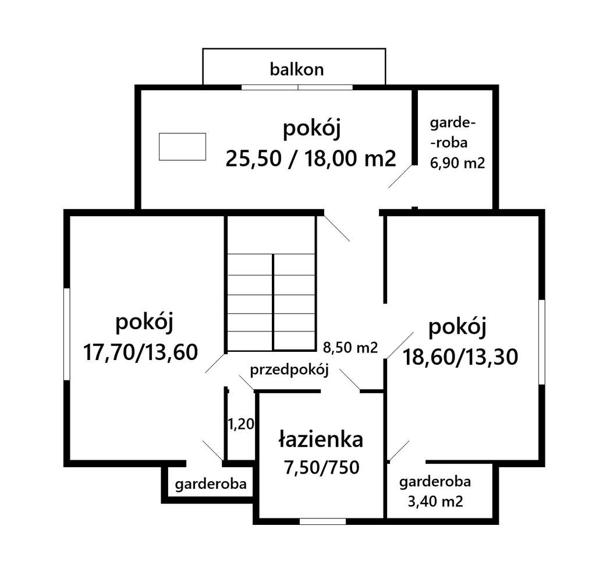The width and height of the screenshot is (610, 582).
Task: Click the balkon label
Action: coord(296,70)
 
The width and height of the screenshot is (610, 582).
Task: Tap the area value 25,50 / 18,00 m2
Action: coord(311,157)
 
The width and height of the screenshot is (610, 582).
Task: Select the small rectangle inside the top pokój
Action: coord(182,146)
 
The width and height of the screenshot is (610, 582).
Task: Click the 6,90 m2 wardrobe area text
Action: coord(457,163)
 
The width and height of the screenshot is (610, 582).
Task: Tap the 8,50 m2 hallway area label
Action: coord(350,348)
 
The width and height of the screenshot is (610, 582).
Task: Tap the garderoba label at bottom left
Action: coord(211,484)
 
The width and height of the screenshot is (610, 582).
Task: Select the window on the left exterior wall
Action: coord(67,334)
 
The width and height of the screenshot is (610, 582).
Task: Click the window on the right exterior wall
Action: coord(541,342)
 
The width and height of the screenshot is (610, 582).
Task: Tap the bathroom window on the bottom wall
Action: coord(322,521)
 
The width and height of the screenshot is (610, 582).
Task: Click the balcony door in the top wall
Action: coord(297,87)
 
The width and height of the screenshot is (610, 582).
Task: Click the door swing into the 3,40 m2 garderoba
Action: coord(399,450)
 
